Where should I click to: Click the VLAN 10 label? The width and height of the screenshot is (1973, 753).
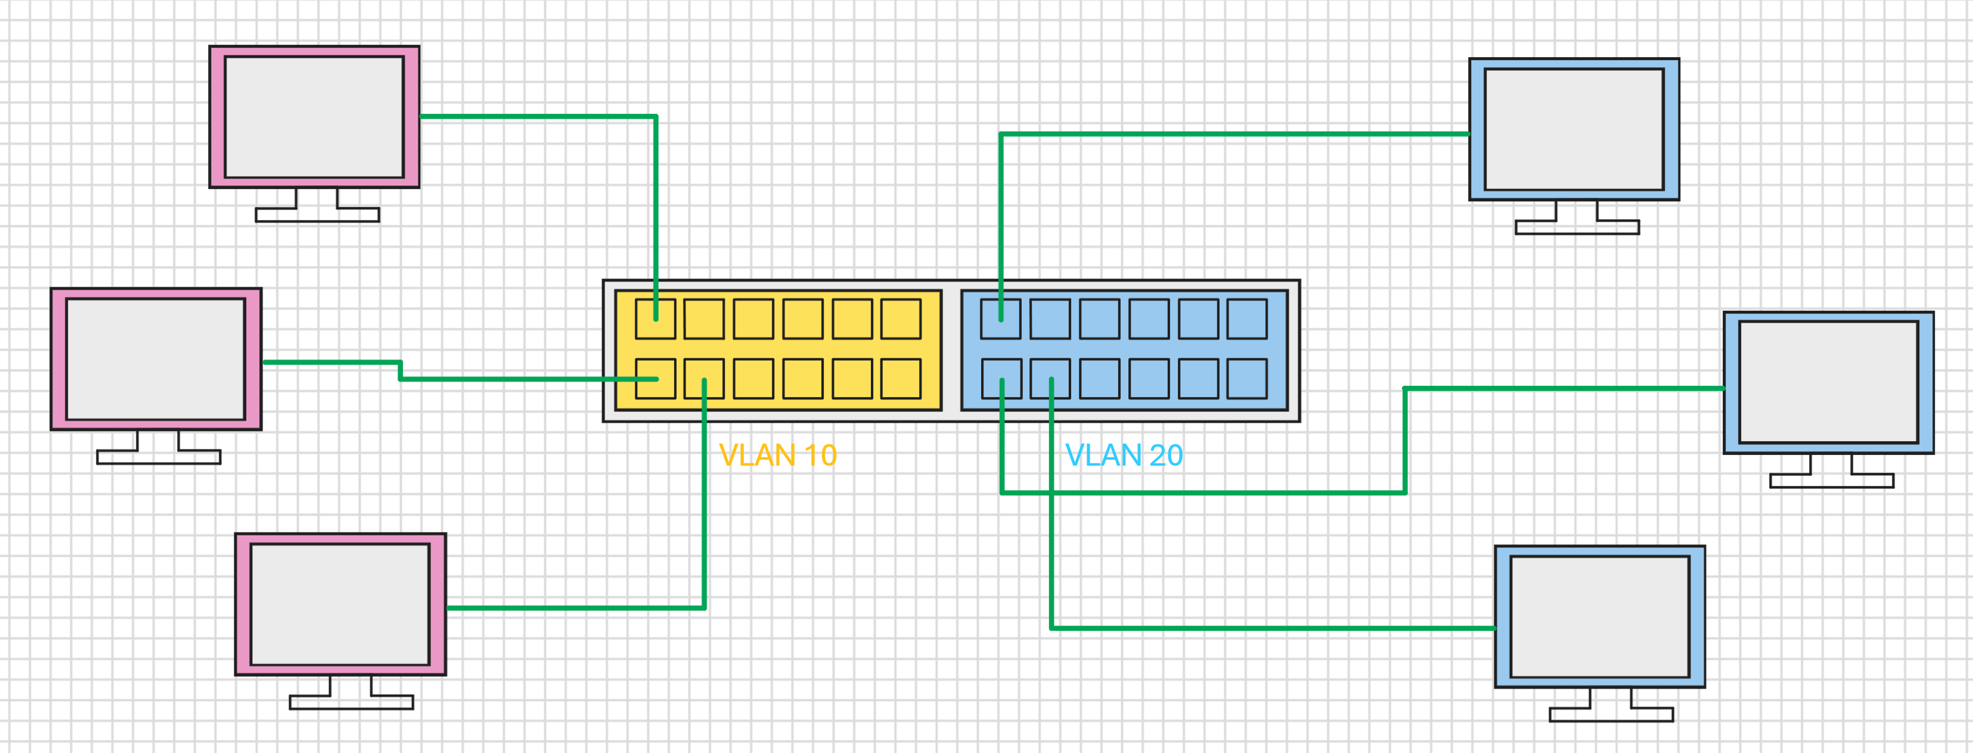777,455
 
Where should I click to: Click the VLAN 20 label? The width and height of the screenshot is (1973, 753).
1124,455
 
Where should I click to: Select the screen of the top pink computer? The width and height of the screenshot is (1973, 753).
314,116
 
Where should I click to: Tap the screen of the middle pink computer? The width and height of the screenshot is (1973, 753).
156,360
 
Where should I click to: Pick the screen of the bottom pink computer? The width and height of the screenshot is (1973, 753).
340,605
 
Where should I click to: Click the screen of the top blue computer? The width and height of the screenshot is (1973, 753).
1574,129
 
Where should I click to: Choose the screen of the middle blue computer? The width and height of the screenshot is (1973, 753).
1828,382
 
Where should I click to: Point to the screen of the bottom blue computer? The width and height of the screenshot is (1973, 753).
1600,616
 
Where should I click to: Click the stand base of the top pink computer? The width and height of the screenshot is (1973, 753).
317,215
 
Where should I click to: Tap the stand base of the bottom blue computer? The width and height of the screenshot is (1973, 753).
1612,715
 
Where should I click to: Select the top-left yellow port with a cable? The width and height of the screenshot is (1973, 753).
656,318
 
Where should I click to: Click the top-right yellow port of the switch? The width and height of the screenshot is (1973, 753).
901,318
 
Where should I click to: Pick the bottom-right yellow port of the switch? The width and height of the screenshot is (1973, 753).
901,379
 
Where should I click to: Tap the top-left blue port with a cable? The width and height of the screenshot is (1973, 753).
1001,318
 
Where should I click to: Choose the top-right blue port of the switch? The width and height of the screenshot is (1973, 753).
1247,318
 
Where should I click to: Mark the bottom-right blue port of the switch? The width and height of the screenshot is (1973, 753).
1247,379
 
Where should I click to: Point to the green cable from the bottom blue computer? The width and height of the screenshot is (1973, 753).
1149,628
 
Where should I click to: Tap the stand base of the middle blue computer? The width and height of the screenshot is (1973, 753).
1832,481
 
